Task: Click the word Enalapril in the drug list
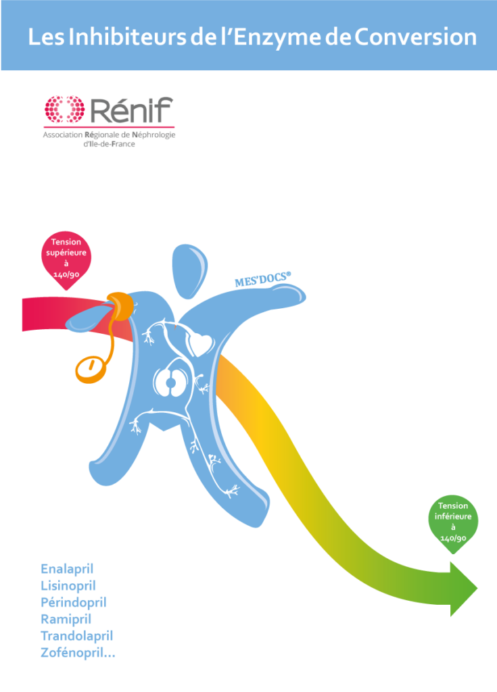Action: point(67,568)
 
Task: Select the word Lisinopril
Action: point(68,585)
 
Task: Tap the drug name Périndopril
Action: point(73,602)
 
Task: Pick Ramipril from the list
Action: point(66,619)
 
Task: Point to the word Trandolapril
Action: point(76,636)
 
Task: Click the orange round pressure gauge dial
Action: point(88,368)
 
